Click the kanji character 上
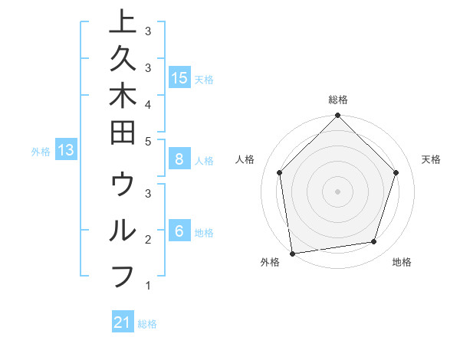(x=123, y=23)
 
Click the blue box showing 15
(x=179, y=77)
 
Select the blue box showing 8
(x=179, y=159)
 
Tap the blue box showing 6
(x=179, y=231)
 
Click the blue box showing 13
(x=66, y=150)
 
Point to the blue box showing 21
(x=123, y=322)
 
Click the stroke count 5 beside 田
(x=147, y=141)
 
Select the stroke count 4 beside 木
(x=147, y=104)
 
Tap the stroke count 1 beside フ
(x=147, y=286)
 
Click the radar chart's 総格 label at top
(x=337, y=100)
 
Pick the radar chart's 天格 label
(x=431, y=159)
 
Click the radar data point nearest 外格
(x=292, y=253)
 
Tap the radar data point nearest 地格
(x=374, y=242)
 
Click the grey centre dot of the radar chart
(x=337, y=191)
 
